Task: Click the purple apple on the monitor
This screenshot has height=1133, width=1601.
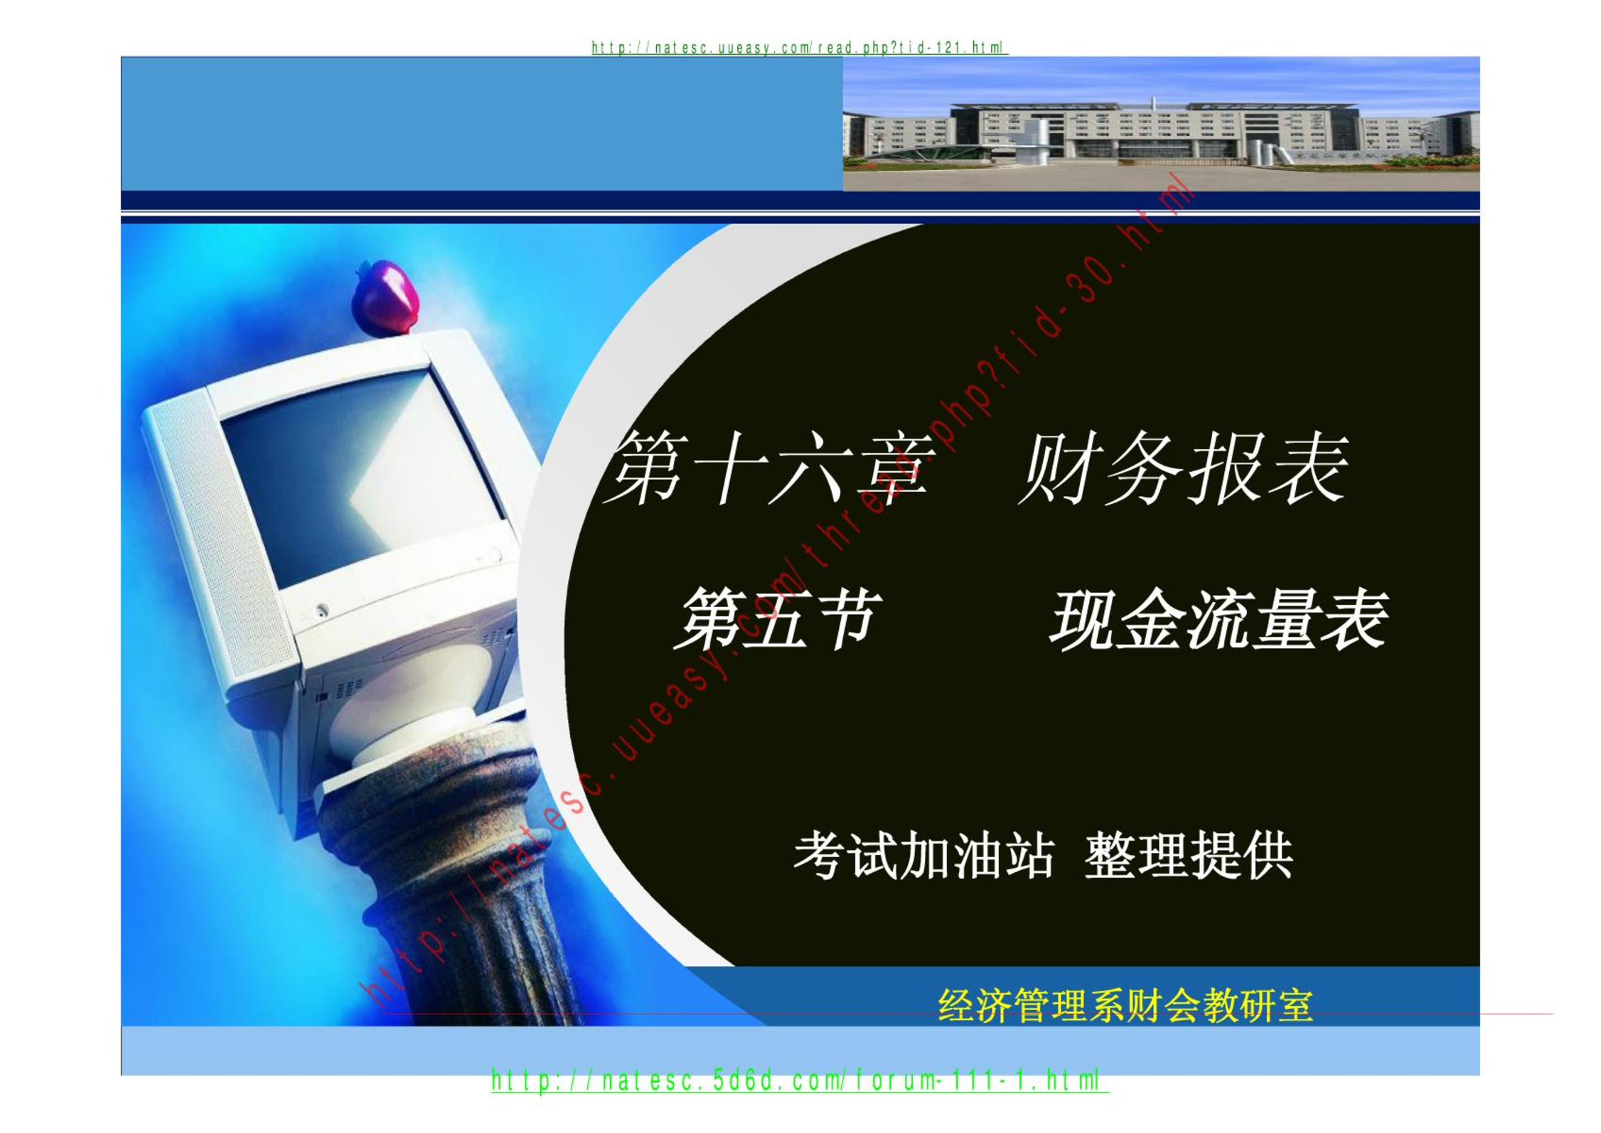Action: (385, 297)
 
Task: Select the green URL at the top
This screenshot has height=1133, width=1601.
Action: (799, 48)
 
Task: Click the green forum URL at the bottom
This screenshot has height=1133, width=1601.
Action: (800, 1081)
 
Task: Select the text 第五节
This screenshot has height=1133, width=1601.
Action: (778, 618)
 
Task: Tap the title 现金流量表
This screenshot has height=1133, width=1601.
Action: (1219, 618)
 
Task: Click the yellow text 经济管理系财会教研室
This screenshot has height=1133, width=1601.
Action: (1125, 1005)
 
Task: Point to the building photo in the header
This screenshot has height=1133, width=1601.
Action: (1161, 124)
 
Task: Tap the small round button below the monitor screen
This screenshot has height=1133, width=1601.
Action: (322, 610)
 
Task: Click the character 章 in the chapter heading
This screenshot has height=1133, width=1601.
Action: (894, 468)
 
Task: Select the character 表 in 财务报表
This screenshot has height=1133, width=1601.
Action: (1309, 468)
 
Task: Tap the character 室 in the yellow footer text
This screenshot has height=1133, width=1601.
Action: (1295, 1005)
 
